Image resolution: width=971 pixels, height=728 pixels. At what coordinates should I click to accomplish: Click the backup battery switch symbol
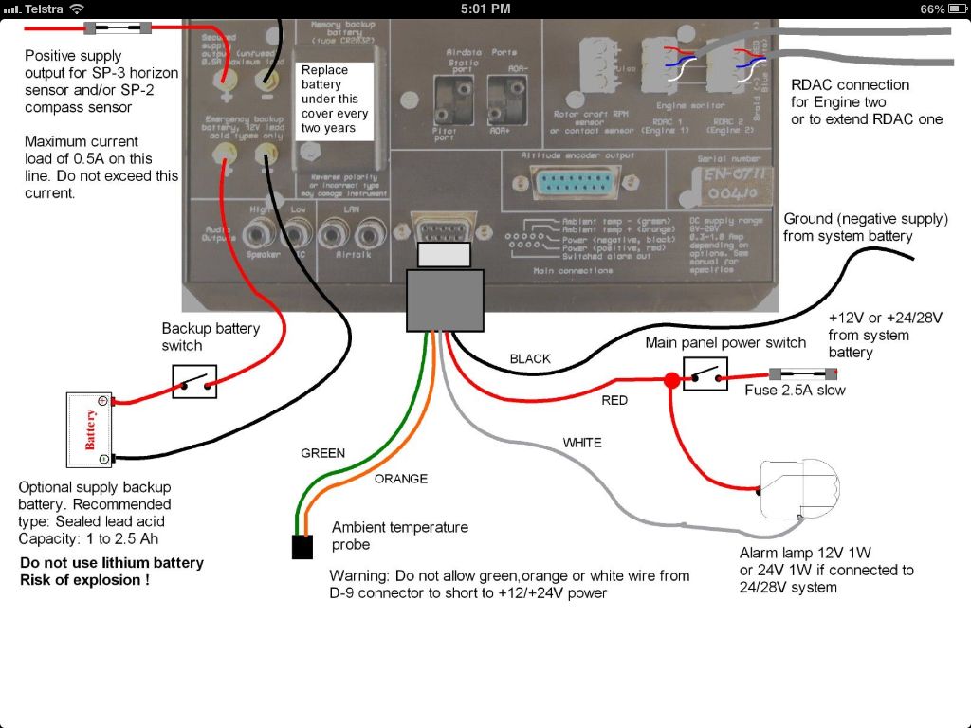coord(194,381)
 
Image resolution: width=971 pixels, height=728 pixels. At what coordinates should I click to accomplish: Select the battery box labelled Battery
coord(89,429)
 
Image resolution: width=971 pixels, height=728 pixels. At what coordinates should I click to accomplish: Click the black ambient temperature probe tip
coord(302,547)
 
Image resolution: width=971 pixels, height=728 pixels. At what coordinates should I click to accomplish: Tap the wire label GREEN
coord(322,453)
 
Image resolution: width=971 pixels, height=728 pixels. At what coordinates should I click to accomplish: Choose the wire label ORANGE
coord(400,479)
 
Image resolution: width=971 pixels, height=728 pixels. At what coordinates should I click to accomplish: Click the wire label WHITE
coord(582,443)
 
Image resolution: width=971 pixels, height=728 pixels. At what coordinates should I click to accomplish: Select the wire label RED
coord(614,401)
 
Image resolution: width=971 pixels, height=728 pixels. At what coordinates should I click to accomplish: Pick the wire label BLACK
coord(530,359)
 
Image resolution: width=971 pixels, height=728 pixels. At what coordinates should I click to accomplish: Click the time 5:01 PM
coord(485,9)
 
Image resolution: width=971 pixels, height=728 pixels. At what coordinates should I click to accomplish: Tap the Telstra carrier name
coord(42,9)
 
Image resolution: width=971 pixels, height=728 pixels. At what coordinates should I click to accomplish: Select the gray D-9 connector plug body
coord(444,299)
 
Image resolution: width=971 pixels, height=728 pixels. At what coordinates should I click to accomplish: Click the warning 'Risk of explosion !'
coord(84,579)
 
